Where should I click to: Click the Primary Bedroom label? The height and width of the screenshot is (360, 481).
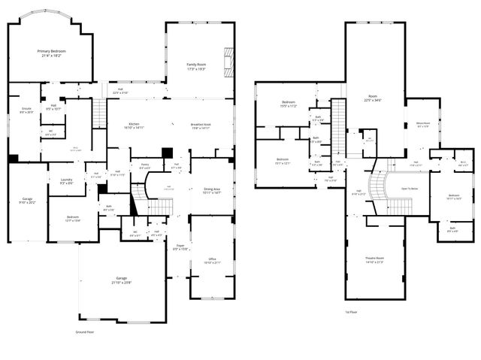pos(50,51)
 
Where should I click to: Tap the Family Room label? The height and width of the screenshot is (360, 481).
pos(197,65)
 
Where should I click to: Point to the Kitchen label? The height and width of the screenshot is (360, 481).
pos(134,123)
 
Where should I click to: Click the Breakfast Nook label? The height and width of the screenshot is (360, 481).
pos(201,124)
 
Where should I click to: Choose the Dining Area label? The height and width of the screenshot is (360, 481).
pos(212,189)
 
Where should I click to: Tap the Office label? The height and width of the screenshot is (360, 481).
pos(212,259)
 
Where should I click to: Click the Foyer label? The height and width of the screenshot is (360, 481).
pos(180,245)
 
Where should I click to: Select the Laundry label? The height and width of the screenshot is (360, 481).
pos(66,180)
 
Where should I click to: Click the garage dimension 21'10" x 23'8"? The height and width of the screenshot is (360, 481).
pos(122,283)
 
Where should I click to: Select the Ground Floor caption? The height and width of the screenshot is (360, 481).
pos(85,331)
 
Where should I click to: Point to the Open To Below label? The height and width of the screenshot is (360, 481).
pos(410,188)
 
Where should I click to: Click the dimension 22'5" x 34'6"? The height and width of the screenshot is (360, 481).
pos(374,101)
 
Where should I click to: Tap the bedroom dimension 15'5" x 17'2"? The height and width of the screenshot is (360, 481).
pos(289,107)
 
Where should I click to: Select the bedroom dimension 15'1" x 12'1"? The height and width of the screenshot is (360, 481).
pos(283,163)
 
